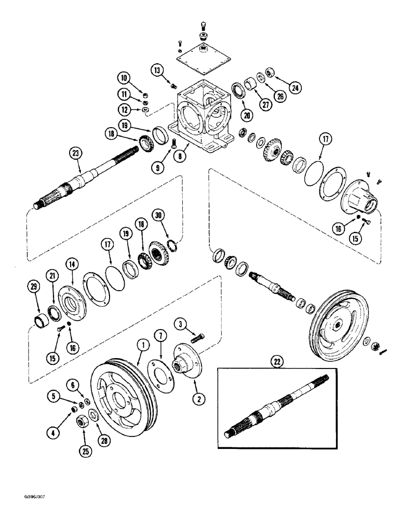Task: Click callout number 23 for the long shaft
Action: click(77, 153)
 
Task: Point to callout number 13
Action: click(157, 69)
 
